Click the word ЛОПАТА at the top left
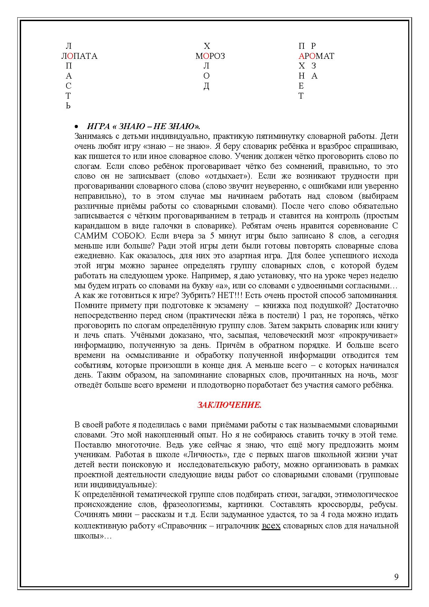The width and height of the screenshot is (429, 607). coord(80,56)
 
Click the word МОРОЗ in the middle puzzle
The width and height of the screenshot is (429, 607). coord(210,56)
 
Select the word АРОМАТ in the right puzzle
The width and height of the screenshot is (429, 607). coord(316,56)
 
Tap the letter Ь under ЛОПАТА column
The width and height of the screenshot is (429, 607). coord(68,106)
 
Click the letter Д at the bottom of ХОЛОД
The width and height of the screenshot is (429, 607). coord(207,86)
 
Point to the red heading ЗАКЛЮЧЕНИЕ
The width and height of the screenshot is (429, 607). coord(229,405)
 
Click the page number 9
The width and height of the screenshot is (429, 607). coord(396,577)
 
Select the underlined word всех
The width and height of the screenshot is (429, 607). coord(271,526)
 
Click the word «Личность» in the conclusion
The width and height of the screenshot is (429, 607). coord(211,454)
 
